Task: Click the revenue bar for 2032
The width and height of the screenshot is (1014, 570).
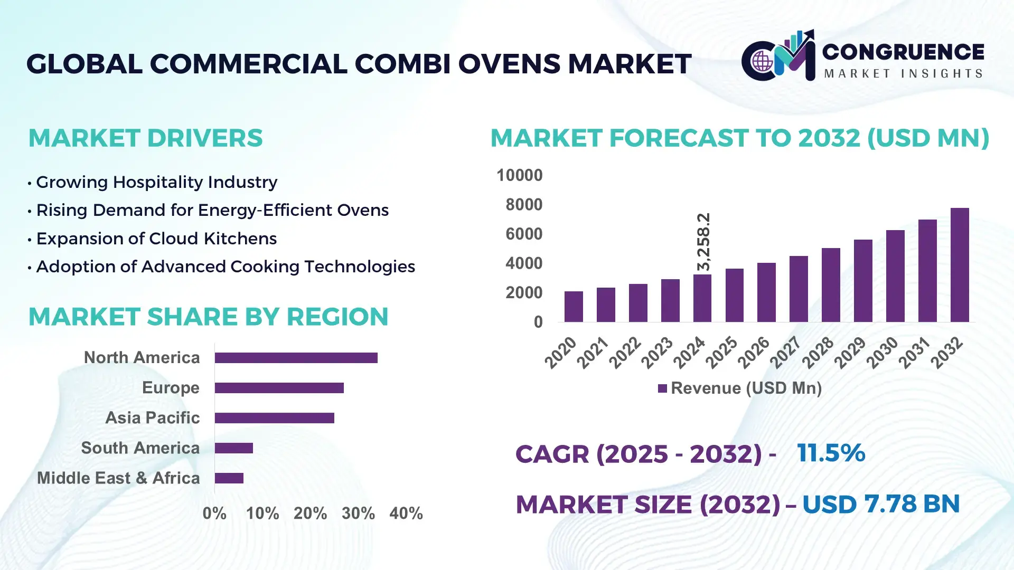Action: [x=960, y=265]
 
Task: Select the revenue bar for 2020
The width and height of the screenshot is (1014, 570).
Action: [x=574, y=307]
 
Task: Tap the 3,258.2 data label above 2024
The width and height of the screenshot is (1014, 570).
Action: [x=703, y=242]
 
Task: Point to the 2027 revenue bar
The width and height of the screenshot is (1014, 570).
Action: [x=799, y=289]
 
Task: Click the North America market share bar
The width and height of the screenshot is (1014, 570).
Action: [x=296, y=358]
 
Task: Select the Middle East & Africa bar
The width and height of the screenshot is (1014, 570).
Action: [x=229, y=478]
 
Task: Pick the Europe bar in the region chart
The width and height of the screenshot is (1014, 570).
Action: [x=279, y=388]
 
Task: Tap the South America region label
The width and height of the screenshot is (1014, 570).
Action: [x=140, y=448]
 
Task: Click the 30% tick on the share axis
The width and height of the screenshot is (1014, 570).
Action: [x=358, y=514]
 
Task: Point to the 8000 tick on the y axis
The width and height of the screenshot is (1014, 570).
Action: [x=523, y=205]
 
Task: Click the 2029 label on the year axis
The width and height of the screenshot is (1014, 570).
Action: [x=850, y=353]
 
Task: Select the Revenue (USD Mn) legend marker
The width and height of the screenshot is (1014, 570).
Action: [x=662, y=389]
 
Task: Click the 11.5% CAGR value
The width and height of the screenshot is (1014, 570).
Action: [x=831, y=453]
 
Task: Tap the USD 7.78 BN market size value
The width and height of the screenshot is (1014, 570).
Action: [x=880, y=504]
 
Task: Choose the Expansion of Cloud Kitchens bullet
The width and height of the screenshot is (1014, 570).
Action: [x=156, y=239]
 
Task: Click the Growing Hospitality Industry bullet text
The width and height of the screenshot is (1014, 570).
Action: [x=156, y=182]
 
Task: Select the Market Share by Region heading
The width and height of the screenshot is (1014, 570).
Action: [x=208, y=317]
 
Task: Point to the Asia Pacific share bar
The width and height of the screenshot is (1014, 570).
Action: [x=274, y=418]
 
